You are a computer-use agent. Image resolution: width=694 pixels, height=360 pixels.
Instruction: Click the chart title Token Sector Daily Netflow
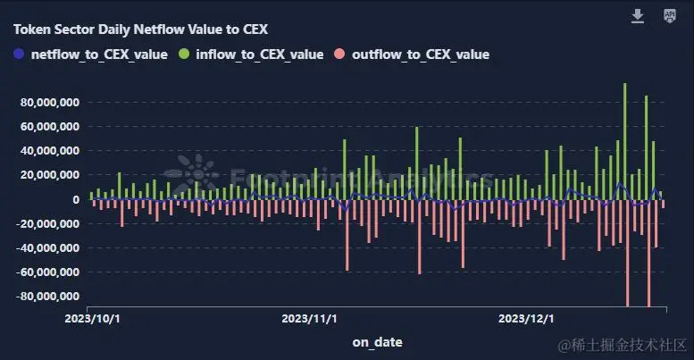click(x=140, y=29)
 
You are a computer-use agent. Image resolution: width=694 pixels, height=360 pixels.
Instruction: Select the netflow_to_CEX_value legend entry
click(x=98, y=54)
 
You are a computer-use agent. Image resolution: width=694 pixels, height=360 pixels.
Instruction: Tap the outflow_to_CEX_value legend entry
click(x=420, y=54)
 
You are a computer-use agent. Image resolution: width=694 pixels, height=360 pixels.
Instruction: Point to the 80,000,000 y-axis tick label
click(x=50, y=103)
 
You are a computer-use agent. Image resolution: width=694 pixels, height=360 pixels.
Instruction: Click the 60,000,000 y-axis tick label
click(x=50, y=127)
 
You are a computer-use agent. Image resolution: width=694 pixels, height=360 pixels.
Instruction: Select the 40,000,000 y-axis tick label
click(x=50, y=151)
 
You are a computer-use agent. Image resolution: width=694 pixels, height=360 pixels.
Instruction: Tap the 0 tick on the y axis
click(x=77, y=199)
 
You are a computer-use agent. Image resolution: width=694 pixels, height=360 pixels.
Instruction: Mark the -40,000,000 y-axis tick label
click(x=48, y=247)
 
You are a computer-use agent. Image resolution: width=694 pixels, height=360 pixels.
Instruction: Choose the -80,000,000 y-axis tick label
click(x=48, y=296)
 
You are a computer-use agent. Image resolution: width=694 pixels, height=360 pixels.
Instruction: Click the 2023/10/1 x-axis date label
click(x=94, y=318)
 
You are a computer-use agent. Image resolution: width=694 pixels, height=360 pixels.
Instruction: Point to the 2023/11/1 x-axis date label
click(x=310, y=318)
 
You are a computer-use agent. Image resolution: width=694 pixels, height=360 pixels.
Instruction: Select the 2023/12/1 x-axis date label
click(x=526, y=318)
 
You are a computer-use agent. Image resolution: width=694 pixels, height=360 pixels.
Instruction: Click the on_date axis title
click(x=377, y=341)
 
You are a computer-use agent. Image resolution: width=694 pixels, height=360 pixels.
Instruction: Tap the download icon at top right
click(x=638, y=16)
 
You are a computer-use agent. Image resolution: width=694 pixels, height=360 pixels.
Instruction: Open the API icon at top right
click(x=670, y=16)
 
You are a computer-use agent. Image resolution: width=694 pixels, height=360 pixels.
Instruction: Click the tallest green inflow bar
click(x=625, y=134)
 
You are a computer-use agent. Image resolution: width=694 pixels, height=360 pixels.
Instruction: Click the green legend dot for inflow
click(x=184, y=54)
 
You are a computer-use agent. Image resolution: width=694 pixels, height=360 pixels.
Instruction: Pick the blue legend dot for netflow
click(x=20, y=54)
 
